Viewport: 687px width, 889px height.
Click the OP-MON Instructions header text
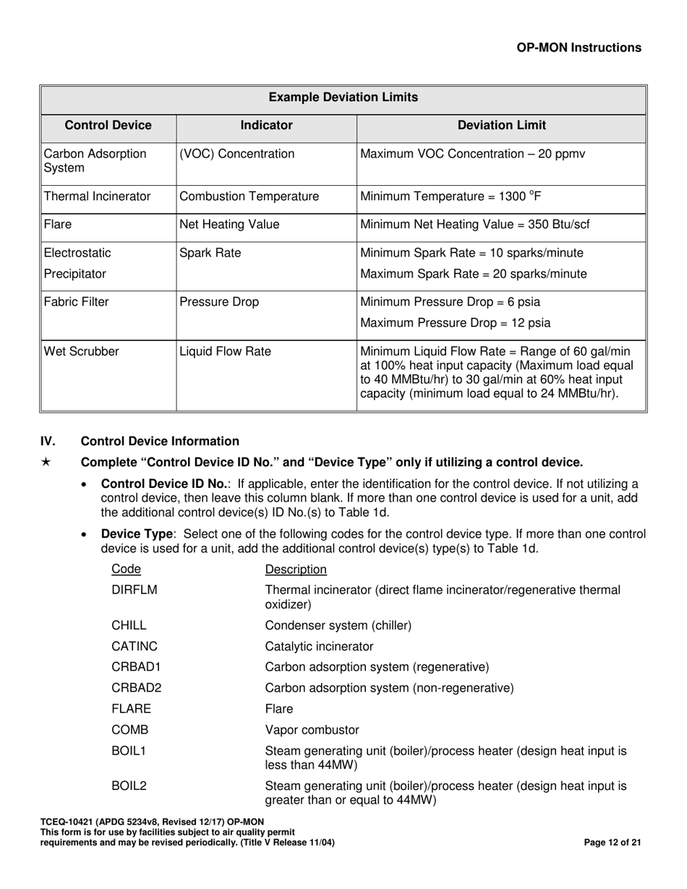click(x=579, y=48)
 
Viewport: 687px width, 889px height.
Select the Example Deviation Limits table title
click(x=343, y=98)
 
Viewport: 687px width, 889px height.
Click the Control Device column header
click(x=108, y=126)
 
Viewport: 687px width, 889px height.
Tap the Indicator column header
click(x=266, y=126)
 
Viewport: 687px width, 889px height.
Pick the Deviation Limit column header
click(x=502, y=126)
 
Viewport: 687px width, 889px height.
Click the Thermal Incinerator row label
click(x=98, y=197)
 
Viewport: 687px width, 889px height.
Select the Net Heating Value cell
click(x=229, y=225)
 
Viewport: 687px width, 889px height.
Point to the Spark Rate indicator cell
click(x=210, y=253)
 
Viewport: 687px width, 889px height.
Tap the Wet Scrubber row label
click(x=81, y=352)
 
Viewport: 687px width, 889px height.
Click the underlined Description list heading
click(x=296, y=570)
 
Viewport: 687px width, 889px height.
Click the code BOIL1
click(x=129, y=752)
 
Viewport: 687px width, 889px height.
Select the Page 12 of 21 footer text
click(x=612, y=843)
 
